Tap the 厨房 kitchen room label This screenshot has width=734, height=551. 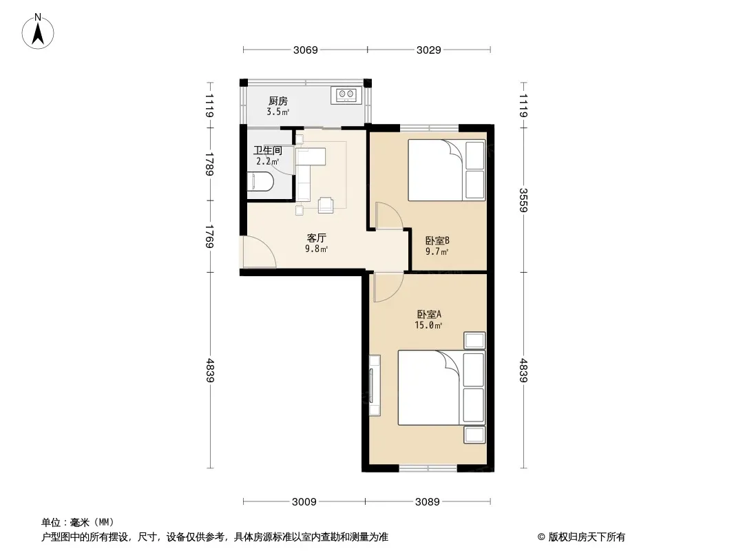click(x=278, y=101)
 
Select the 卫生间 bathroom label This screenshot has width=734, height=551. click(x=268, y=150)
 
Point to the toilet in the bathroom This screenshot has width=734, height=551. click(x=260, y=181)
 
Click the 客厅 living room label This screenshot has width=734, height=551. click(x=317, y=238)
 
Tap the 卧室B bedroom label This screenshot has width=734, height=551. click(x=437, y=240)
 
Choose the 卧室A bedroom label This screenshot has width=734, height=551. click(x=429, y=314)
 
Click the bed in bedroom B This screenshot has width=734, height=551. click(x=447, y=170)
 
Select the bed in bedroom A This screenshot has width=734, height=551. click(x=441, y=388)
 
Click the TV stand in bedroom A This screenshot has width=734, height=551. click(x=374, y=385)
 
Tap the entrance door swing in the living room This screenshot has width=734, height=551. click(x=258, y=252)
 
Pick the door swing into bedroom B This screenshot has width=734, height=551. click(x=388, y=216)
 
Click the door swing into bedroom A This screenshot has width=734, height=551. click(x=388, y=287)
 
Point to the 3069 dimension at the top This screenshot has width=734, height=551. click(x=305, y=50)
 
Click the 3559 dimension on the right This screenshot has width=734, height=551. click(x=523, y=200)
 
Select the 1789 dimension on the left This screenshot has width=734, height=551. click(x=209, y=164)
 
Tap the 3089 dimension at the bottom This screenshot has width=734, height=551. click(x=428, y=502)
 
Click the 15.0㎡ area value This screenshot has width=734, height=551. click(x=428, y=325)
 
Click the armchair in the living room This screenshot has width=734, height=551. click(x=326, y=205)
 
